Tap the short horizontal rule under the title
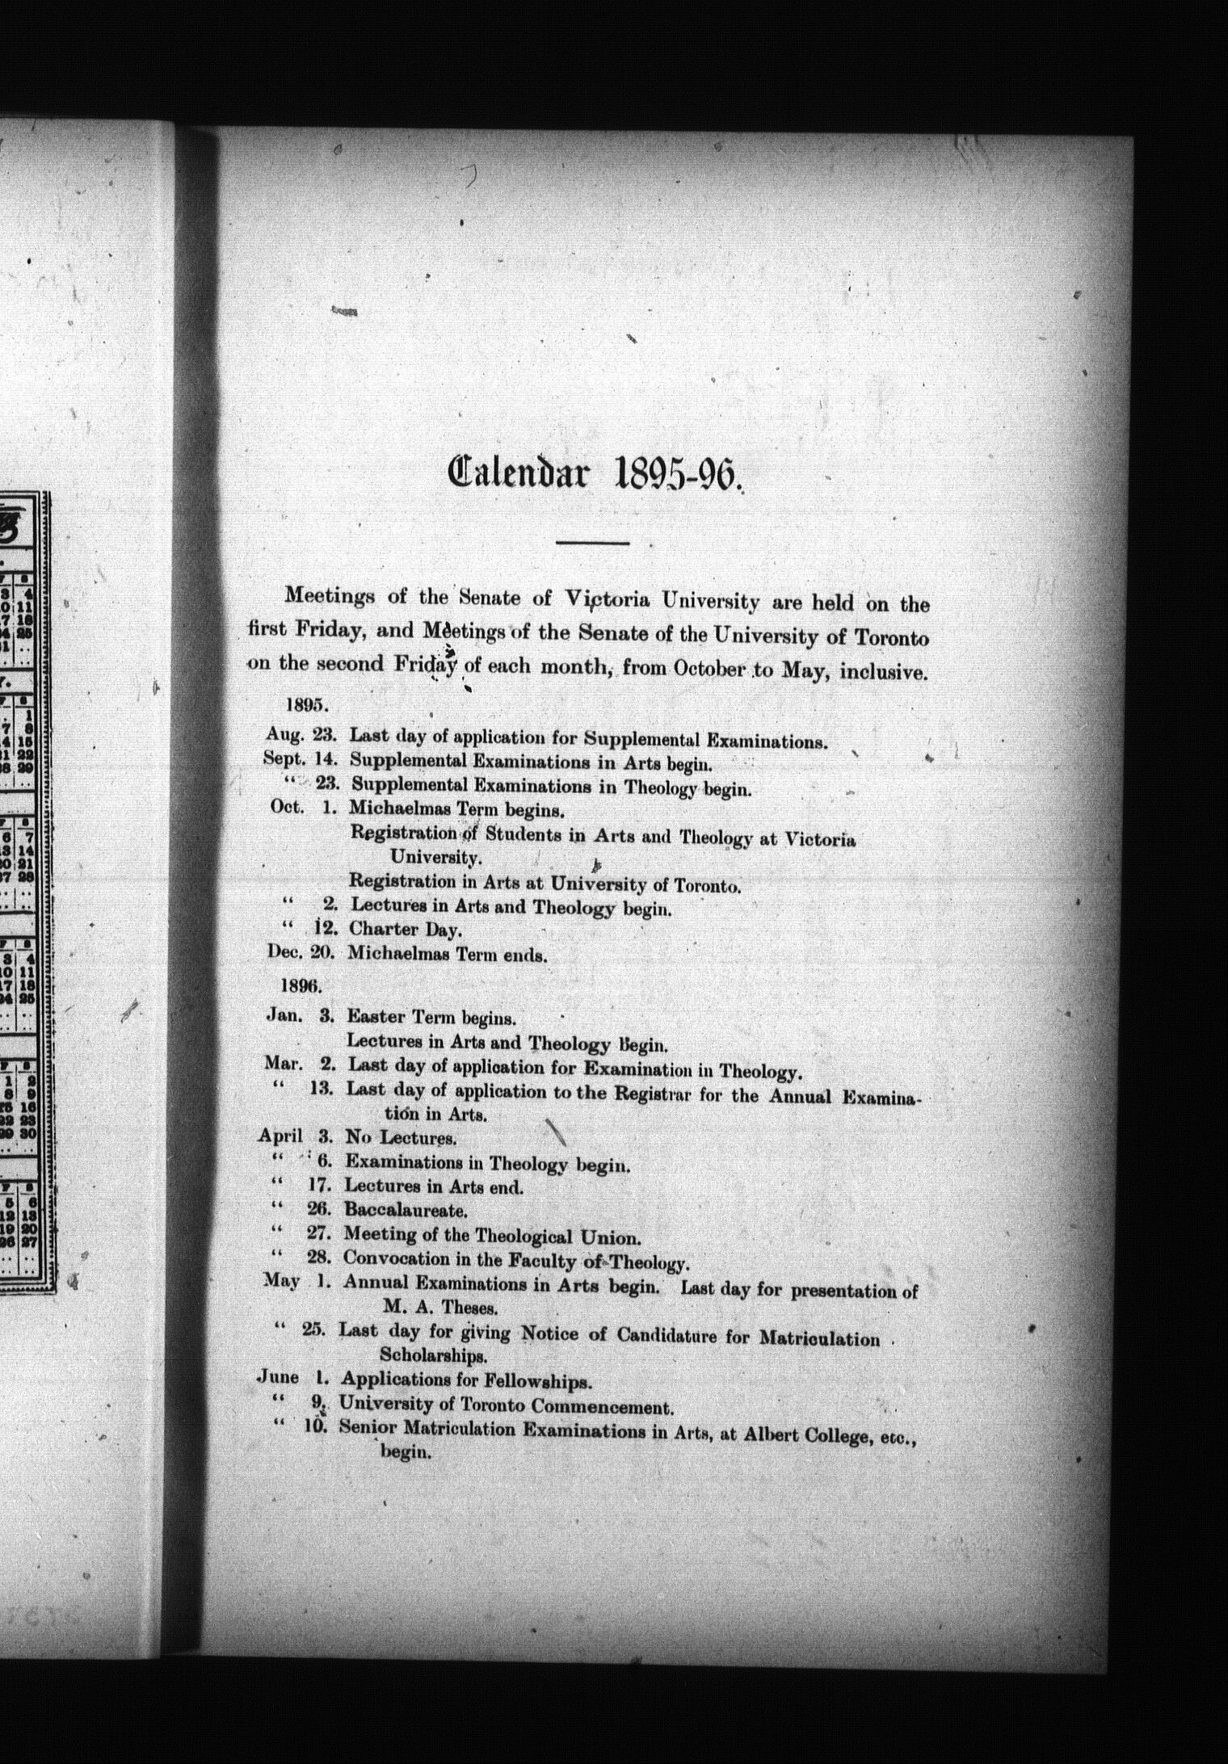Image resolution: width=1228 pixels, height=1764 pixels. tap(593, 543)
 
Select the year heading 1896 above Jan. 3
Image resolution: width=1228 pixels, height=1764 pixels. tap(301, 985)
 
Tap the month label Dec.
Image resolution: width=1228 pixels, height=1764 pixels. tap(283, 951)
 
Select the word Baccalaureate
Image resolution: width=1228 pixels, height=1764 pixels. tap(406, 1211)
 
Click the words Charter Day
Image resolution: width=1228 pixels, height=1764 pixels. tap(405, 930)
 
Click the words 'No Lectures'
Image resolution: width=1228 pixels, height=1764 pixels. tap(401, 1138)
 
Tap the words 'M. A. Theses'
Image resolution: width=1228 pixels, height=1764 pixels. tap(439, 1306)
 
